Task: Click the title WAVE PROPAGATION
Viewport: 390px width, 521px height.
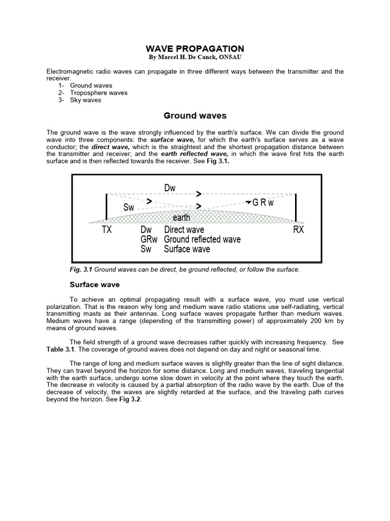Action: tap(195, 48)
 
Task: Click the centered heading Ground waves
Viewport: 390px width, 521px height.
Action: tap(195, 116)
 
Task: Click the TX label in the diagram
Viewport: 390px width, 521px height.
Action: tap(107, 230)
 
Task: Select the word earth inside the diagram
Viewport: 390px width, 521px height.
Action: tap(181, 218)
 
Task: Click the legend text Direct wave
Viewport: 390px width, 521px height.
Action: tap(184, 230)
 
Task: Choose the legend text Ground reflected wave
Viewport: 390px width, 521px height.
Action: tap(202, 240)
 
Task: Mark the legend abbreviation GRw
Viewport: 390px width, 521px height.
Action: tap(149, 240)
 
